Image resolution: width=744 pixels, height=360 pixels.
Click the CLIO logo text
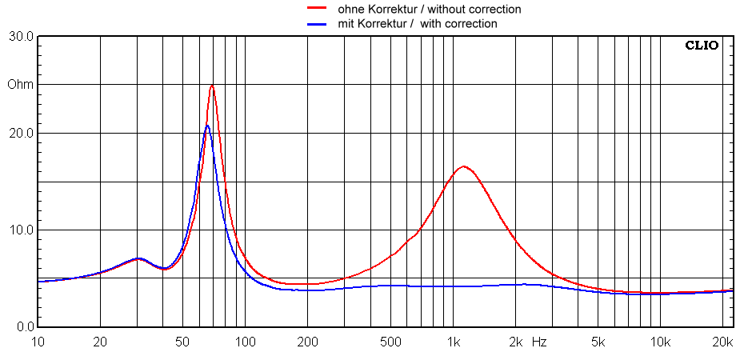[702, 46]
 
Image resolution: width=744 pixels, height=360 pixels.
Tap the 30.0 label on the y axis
[20, 37]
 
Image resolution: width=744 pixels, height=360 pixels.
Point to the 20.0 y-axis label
[20, 134]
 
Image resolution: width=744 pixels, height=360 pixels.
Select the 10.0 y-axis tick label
[20, 230]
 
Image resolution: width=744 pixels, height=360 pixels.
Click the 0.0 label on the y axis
[22, 327]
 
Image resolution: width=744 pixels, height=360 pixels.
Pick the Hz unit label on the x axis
[539, 342]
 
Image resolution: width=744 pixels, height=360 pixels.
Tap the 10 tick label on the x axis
[38, 342]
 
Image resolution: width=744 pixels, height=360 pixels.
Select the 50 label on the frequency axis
[182, 342]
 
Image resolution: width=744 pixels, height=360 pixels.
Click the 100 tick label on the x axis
[245, 342]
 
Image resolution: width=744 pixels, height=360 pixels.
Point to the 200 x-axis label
[307, 342]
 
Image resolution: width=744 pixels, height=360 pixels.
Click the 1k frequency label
[454, 342]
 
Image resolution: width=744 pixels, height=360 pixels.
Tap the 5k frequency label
[598, 342]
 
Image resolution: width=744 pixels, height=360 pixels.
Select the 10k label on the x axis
[660, 342]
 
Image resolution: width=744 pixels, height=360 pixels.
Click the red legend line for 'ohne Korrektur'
[317, 9]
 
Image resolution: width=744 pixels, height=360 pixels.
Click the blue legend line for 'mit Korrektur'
[317, 23]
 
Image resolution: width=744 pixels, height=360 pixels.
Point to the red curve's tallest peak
[212, 86]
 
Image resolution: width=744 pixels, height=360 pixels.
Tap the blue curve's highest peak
[207, 125]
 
